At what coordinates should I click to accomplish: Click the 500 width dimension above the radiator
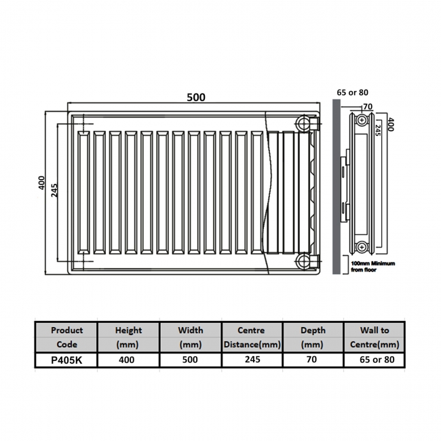coord(195,97)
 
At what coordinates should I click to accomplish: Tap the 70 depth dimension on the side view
coord(368,107)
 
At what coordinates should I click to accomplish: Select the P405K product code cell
coord(66,360)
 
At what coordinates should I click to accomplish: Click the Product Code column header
coord(66,337)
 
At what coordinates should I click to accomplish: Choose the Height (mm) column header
coord(128,337)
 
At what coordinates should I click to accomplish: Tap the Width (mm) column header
coord(190,337)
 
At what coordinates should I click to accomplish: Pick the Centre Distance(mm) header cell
coord(251,337)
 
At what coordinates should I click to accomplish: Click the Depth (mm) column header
coord(313,337)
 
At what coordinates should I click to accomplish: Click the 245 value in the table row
coord(251,360)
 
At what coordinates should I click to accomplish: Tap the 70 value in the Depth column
coord(313,360)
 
